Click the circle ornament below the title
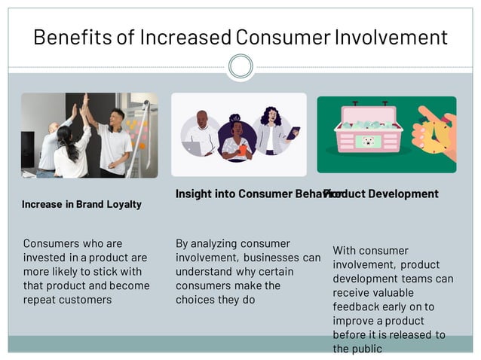point(240,66)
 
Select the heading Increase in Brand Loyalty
point(81,204)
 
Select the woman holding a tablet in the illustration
point(271,132)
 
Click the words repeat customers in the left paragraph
point(67,300)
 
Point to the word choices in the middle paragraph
point(195,300)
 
